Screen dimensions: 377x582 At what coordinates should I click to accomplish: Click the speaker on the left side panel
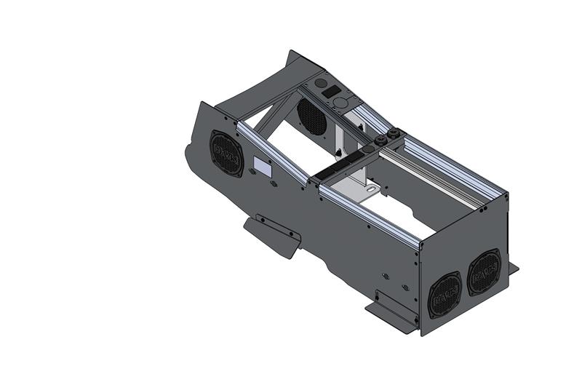point(227,154)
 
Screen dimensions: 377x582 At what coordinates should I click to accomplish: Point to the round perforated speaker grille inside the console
point(311,115)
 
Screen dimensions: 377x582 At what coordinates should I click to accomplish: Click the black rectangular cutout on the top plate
point(331,92)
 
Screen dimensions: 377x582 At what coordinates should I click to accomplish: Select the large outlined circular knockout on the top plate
point(340,103)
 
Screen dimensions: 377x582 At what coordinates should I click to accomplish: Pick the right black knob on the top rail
point(396,133)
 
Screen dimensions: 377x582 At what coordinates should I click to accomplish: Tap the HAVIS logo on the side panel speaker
point(227,154)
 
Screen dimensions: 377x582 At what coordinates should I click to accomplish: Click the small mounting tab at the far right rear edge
point(513,268)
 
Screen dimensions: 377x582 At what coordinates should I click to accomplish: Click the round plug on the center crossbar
point(324,177)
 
